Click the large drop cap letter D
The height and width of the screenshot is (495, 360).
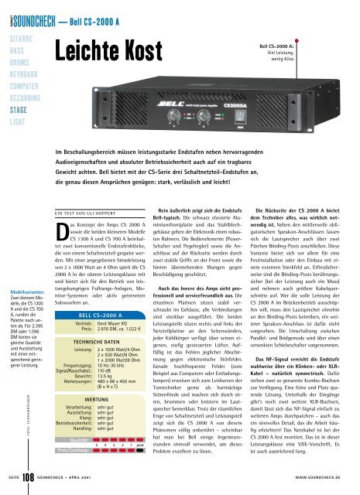(x=66, y=210)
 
